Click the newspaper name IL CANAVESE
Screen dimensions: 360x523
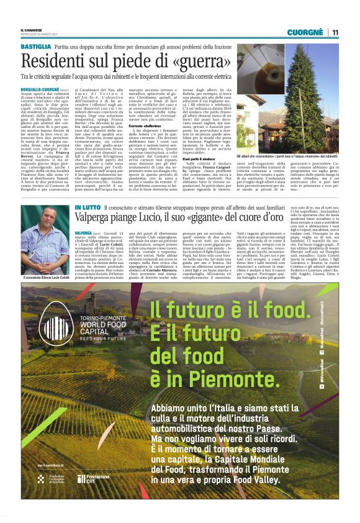[x=31, y=30]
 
